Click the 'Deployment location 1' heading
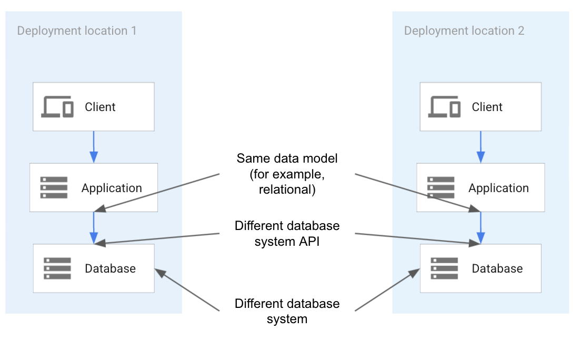pyautogui.click(x=77, y=31)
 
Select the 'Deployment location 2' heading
pyautogui.click(x=464, y=31)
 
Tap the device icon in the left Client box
pyautogui.click(x=57, y=107)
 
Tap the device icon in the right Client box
pyautogui.click(x=445, y=107)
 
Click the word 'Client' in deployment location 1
pyautogui.click(x=100, y=107)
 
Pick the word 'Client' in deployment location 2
pyautogui.click(x=487, y=107)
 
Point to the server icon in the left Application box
pyautogui.click(x=54, y=188)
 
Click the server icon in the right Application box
pyautogui.click(x=441, y=188)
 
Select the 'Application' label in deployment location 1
pyautogui.click(x=112, y=188)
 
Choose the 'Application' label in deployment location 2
pyautogui.click(x=498, y=188)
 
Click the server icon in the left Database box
pyautogui.click(x=57, y=268)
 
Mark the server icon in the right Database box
pyautogui.click(x=444, y=268)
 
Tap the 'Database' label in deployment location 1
pyautogui.click(x=110, y=268)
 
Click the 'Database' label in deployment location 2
pyautogui.click(x=497, y=268)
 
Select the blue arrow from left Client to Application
pyautogui.click(x=94, y=147)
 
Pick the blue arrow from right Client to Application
pyautogui.click(x=480, y=147)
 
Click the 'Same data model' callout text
pyautogui.click(x=287, y=158)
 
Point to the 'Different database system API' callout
pyautogui.click(x=287, y=234)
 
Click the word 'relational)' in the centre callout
pyautogui.click(x=287, y=190)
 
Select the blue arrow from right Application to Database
pyautogui.click(x=480, y=228)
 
